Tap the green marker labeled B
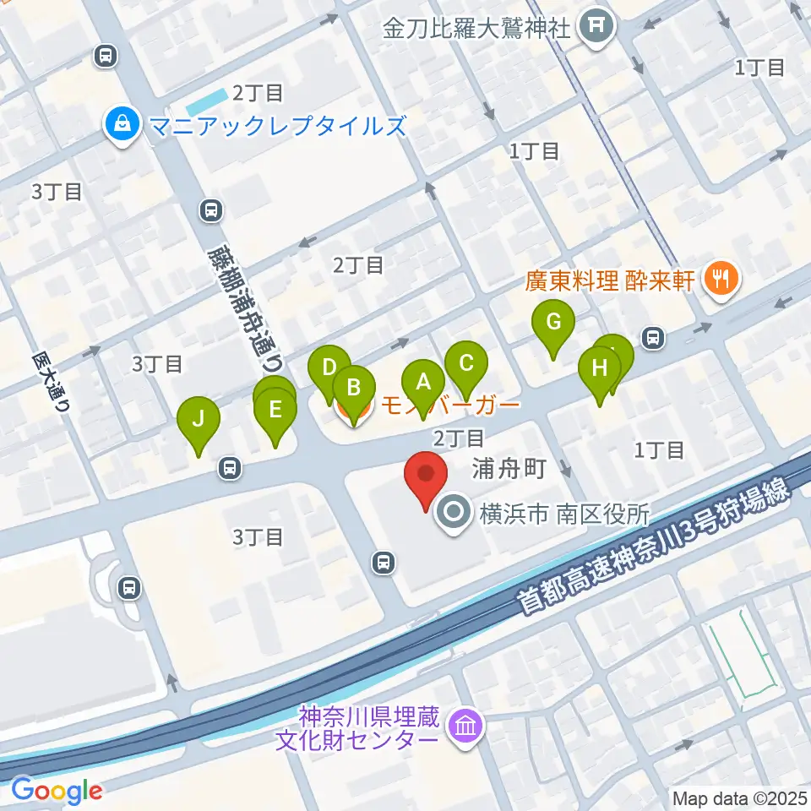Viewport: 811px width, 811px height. (354, 387)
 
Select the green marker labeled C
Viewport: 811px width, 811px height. (465, 363)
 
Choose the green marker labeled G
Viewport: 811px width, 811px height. (553, 321)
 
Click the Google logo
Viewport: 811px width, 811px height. (57, 791)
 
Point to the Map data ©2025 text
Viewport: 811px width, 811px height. (739, 797)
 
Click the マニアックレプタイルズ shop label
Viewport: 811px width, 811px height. (277, 127)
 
